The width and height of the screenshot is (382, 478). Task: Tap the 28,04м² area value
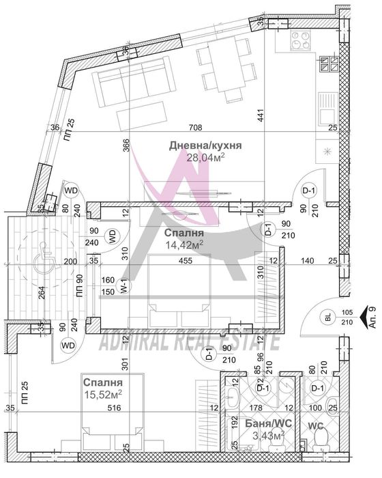[x=205, y=158]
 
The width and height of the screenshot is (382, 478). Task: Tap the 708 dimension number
[x=198, y=126]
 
